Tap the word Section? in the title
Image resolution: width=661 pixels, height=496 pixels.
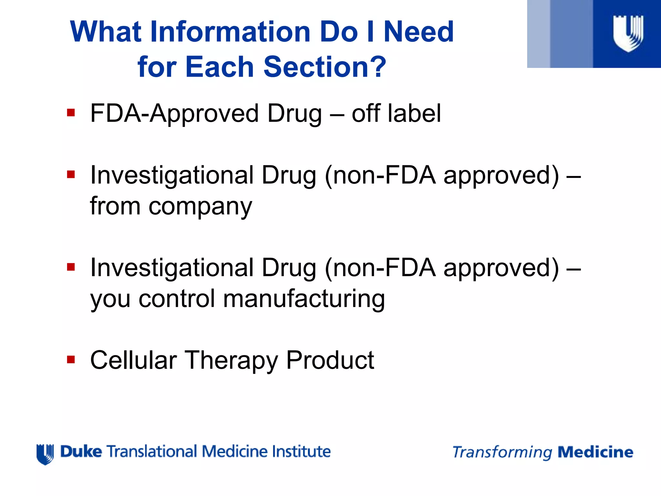click(325, 67)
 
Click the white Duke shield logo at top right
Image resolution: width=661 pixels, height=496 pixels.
click(628, 33)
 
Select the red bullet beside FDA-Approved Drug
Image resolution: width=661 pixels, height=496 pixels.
click(71, 113)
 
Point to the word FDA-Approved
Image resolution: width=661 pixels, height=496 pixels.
click(174, 114)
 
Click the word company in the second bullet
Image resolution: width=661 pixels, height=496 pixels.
click(200, 207)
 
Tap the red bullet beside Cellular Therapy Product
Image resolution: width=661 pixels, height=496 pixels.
click(71, 359)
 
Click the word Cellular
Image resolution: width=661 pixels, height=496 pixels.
click(133, 360)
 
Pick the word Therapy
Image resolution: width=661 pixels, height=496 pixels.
click(231, 361)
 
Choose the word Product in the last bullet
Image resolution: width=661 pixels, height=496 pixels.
click(330, 360)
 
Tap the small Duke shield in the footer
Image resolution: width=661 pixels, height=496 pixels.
click(45, 454)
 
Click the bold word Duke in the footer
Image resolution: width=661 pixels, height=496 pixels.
click(81, 451)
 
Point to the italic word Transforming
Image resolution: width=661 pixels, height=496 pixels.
click(502, 452)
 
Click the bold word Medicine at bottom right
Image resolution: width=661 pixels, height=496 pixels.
click(595, 452)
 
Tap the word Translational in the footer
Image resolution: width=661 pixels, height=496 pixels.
click(152, 451)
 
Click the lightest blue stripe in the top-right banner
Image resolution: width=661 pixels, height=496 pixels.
click(538, 34)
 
